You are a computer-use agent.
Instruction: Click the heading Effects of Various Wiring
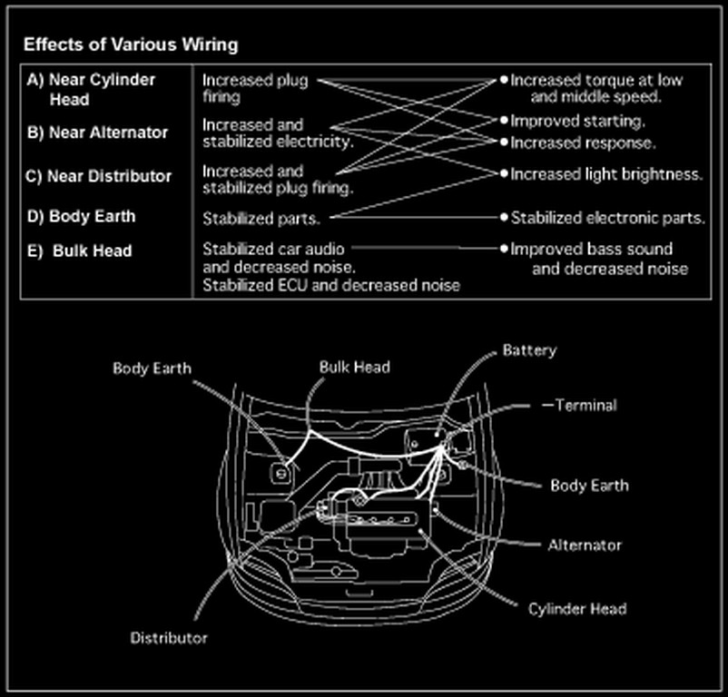tap(131, 44)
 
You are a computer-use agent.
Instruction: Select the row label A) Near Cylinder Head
tap(91, 89)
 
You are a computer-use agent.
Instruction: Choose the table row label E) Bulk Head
tap(80, 250)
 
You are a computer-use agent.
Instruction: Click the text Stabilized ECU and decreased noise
tap(330, 285)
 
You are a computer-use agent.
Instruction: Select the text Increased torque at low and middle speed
tap(596, 88)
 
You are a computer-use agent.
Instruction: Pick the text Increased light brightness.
tap(605, 174)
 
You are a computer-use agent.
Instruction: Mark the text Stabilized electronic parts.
tap(607, 218)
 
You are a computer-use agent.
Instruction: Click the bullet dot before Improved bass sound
tap(503, 248)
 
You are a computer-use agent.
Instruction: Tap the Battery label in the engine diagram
tap(529, 350)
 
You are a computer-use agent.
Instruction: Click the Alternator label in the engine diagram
tap(585, 545)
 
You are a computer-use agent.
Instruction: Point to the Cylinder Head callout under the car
tap(576, 608)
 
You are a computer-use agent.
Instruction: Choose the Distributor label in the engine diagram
tap(169, 638)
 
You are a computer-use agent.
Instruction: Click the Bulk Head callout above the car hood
tap(354, 367)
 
